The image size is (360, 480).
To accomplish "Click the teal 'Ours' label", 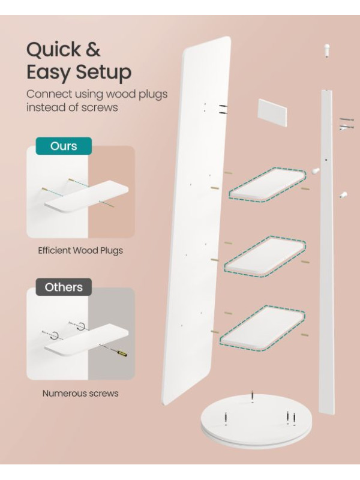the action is click(64, 146).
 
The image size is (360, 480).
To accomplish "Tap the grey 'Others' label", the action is click(64, 287).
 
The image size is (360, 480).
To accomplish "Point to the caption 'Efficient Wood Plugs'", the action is click(80, 250).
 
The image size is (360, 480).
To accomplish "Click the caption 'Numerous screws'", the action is click(80, 394).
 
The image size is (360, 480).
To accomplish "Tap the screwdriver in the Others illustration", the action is click(114, 350).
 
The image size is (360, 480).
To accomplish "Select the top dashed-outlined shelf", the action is click(267, 184).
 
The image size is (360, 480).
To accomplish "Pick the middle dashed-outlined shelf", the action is click(265, 256).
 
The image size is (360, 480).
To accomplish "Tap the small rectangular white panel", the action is click(272, 112).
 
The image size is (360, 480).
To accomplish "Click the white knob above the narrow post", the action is click(326, 50).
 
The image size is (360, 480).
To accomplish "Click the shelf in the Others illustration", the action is click(86, 342).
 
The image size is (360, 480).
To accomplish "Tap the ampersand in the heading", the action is click(93, 50).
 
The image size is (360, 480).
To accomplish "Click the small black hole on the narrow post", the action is click(326, 160).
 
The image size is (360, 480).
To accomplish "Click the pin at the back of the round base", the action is click(252, 396).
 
